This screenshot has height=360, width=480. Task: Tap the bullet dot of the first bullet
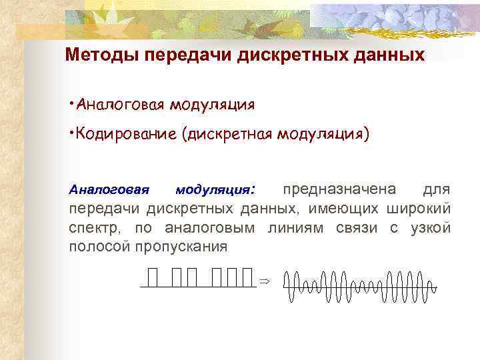72,103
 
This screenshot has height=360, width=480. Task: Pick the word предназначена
339,189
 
